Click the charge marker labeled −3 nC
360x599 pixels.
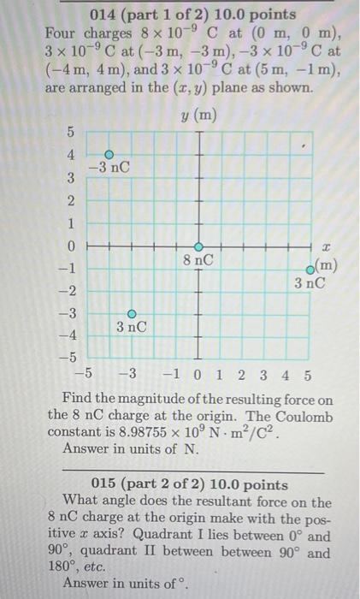[x=109, y=154]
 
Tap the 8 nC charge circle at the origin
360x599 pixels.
[x=198, y=246]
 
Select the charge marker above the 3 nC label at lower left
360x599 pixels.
[x=132, y=314]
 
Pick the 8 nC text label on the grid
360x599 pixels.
[x=198, y=258]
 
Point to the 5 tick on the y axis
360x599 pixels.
[x=73, y=132]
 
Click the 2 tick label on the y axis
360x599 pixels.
[x=73, y=200]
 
